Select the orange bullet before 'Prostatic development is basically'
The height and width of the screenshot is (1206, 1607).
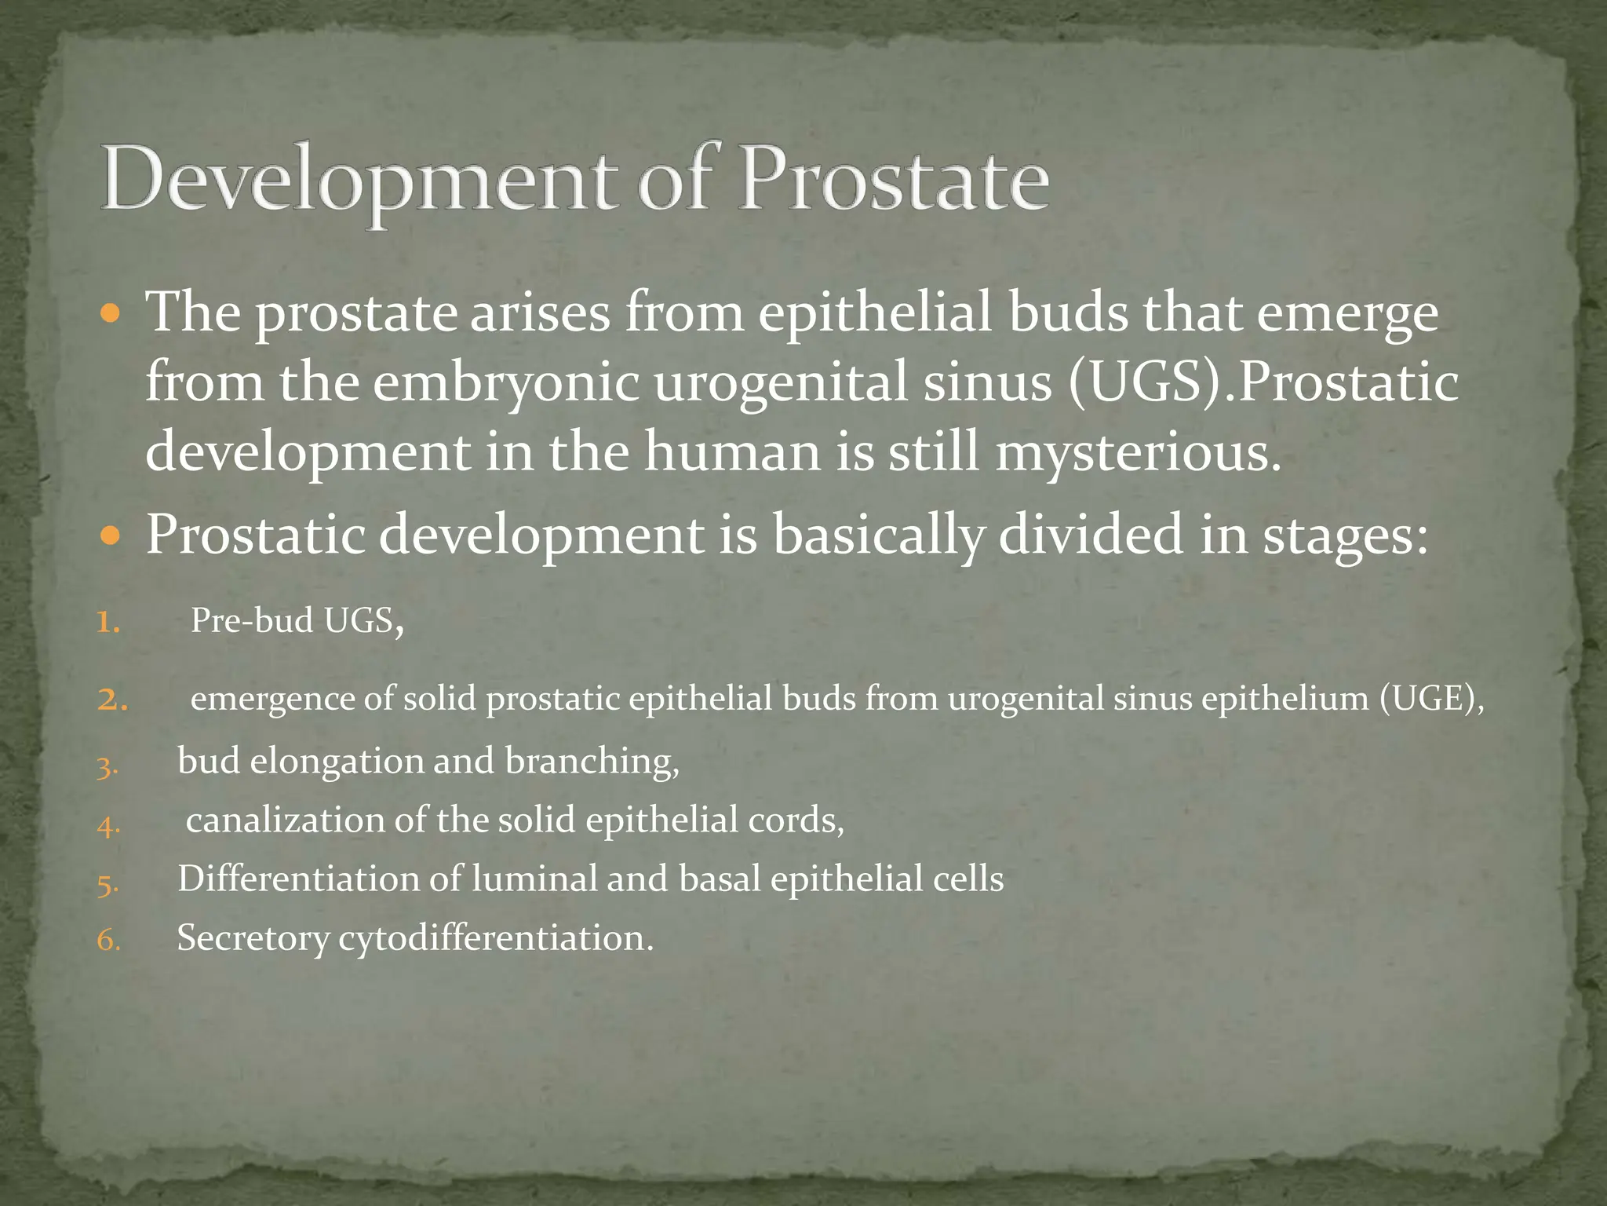[111, 537]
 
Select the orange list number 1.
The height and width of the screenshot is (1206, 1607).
[108, 623]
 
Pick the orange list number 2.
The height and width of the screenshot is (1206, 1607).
[112, 700]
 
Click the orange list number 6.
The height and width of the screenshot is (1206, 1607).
[108, 940]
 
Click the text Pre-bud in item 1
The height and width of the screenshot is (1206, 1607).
[252, 620]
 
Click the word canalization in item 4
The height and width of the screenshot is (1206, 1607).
[285, 820]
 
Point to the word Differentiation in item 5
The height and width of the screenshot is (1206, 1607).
[298, 879]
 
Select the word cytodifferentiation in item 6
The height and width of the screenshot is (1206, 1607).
[494, 938]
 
